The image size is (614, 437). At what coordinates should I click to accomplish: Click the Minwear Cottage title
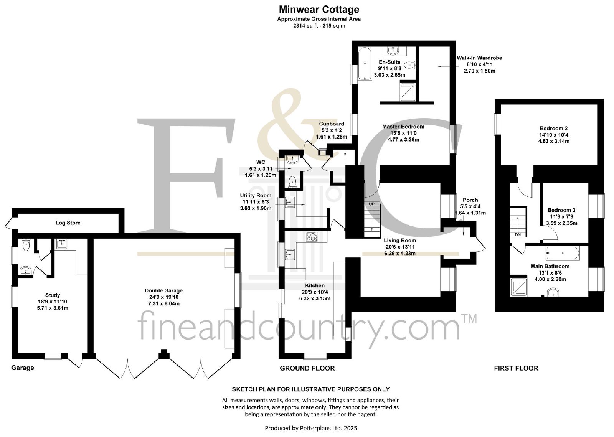point(319,9)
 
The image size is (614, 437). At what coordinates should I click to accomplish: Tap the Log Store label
point(68,223)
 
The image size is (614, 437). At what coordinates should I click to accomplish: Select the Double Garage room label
point(163,291)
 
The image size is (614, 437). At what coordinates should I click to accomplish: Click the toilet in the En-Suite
point(411,65)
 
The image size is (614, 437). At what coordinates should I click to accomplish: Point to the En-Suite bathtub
point(365,64)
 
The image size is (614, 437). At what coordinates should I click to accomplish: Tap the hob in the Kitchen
point(312,237)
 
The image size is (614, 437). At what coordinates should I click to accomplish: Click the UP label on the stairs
point(371,204)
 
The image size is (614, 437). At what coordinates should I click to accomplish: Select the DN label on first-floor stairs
point(518,235)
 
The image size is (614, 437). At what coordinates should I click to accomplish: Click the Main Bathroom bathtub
point(563,253)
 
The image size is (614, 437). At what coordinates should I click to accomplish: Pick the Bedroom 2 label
point(554,128)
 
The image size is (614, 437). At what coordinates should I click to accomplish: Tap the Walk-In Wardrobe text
point(479,58)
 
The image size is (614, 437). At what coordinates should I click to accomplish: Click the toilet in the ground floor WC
point(292,182)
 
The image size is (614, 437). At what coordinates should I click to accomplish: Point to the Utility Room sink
point(290,202)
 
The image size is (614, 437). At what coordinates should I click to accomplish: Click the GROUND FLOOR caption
point(307,368)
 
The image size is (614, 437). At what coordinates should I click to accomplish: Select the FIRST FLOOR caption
point(516,368)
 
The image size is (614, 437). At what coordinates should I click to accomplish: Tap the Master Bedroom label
point(403,127)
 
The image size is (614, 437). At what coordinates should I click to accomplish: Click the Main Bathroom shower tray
point(518,287)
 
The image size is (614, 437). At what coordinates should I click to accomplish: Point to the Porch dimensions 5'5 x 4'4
point(470,206)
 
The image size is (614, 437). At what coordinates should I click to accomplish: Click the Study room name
point(53,295)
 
